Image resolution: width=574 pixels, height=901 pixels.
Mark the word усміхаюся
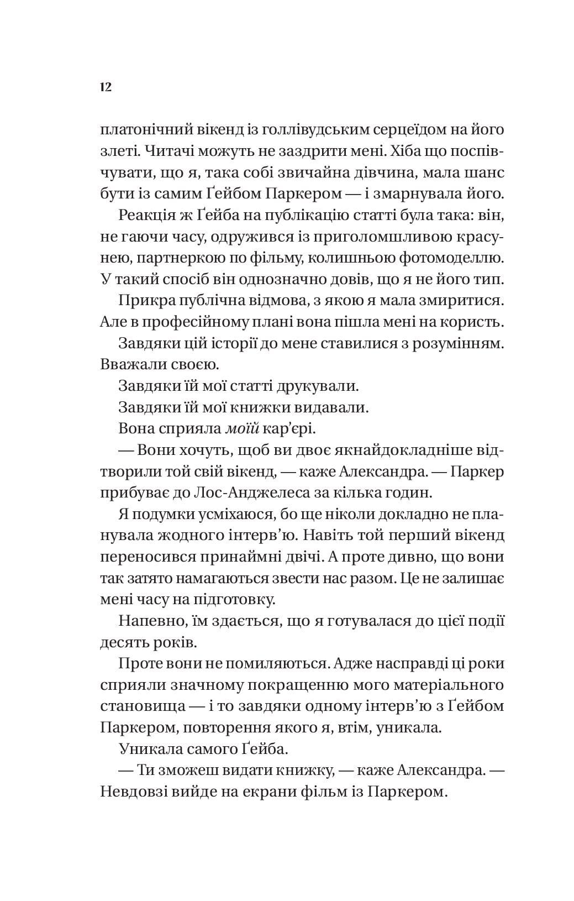click(231, 514)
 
